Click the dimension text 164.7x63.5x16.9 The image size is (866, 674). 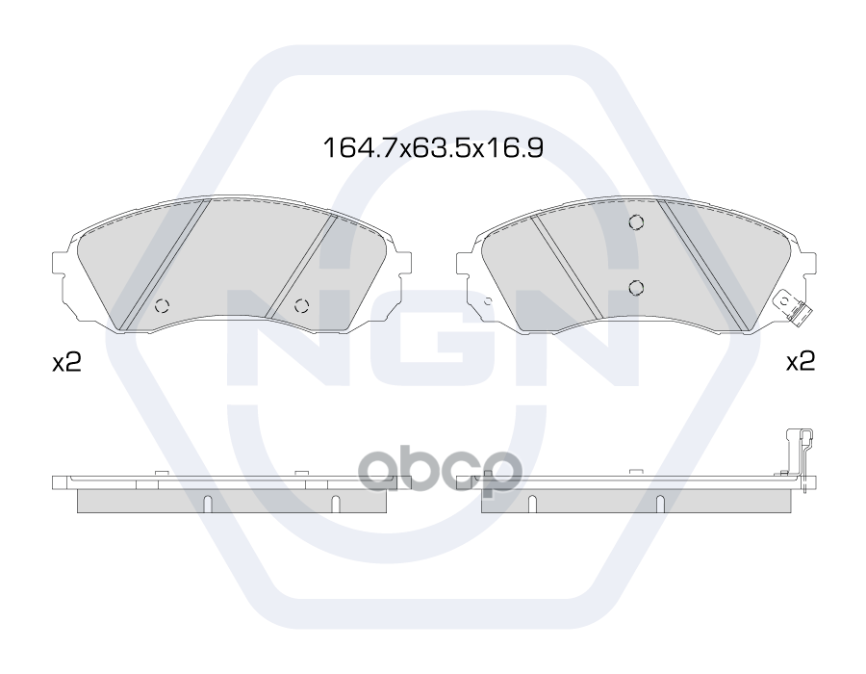[433, 148]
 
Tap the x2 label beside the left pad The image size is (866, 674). [64, 363]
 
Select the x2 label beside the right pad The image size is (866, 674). [800, 362]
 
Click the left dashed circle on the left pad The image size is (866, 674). [161, 306]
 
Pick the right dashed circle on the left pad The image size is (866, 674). [301, 306]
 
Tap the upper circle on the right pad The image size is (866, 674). [635, 223]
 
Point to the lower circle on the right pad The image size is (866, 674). [635, 285]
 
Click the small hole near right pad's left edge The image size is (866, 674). [487, 302]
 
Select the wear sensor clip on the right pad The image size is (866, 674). [795, 308]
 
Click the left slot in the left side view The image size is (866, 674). [208, 504]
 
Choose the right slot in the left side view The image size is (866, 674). [335, 504]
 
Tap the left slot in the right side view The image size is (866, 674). [531, 504]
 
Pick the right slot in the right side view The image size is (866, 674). [659, 504]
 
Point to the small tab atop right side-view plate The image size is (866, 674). [635, 472]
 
